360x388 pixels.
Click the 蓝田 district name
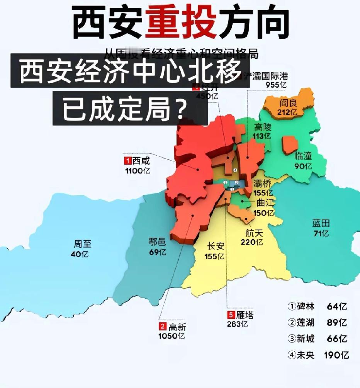[321, 223]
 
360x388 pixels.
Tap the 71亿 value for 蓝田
[321, 233]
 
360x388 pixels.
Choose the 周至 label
[82, 244]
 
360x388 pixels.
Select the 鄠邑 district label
[157, 242]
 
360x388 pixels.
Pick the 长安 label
[216, 246]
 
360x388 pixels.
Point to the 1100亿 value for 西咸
[138, 170]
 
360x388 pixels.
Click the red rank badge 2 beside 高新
[163, 327]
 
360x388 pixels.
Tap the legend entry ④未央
[301, 355]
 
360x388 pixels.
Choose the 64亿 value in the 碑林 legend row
[337, 307]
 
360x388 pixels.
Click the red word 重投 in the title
[180, 24]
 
